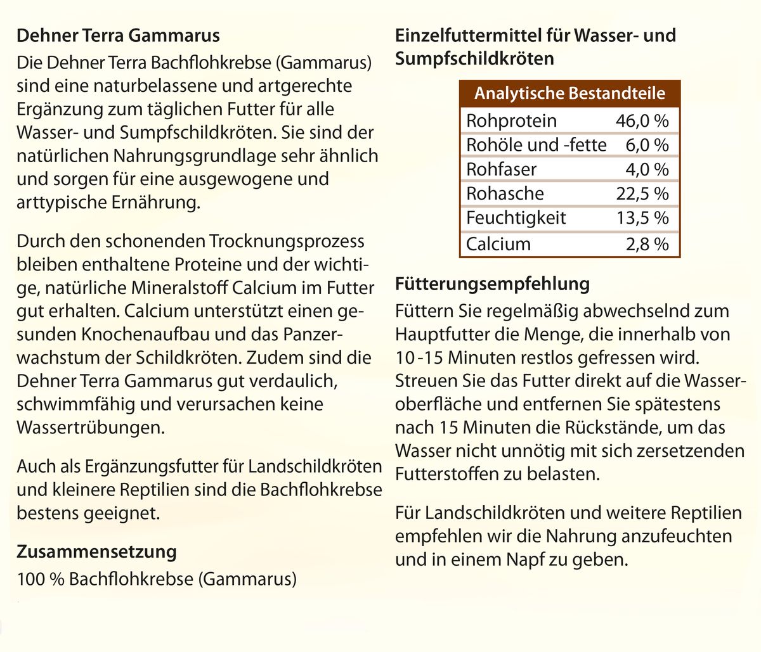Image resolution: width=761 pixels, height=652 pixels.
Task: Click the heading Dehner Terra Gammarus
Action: pyautogui.click(x=118, y=35)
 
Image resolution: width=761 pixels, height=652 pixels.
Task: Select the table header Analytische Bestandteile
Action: pyautogui.click(x=569, y=94)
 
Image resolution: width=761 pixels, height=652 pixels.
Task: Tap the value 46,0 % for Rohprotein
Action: pyautogui.click(x=642, y=121)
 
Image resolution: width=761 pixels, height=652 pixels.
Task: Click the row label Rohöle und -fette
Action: pyautogui.click(x=536, y=145)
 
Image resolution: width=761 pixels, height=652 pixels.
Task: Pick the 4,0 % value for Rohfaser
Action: pyautogui.click(x=647, y=169)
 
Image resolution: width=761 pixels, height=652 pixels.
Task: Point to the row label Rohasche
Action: pyautogui.click(x=505, y=193)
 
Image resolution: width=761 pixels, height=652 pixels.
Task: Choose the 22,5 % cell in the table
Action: pyautogui.click(x=642, y=193)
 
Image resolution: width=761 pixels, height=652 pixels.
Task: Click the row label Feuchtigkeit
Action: pyautogui.click(x=516, y=218)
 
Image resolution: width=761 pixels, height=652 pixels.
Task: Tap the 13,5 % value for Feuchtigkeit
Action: pyautogui.click(x=642, y=218)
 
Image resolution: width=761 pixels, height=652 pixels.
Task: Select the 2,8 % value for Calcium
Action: pyautogui.click(x=647, y=244)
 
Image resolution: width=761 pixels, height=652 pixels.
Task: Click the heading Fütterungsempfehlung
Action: pyautogui.click(x=491, y=283)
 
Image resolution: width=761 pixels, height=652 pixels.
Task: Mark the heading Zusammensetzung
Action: pyautogui.click(x=96, y=551)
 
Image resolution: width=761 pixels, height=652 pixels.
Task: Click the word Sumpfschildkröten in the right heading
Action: pyautogui.click(x=474, y=59)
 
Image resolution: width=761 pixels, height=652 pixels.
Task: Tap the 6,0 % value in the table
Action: pyautogui.click(x=647, y=145)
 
